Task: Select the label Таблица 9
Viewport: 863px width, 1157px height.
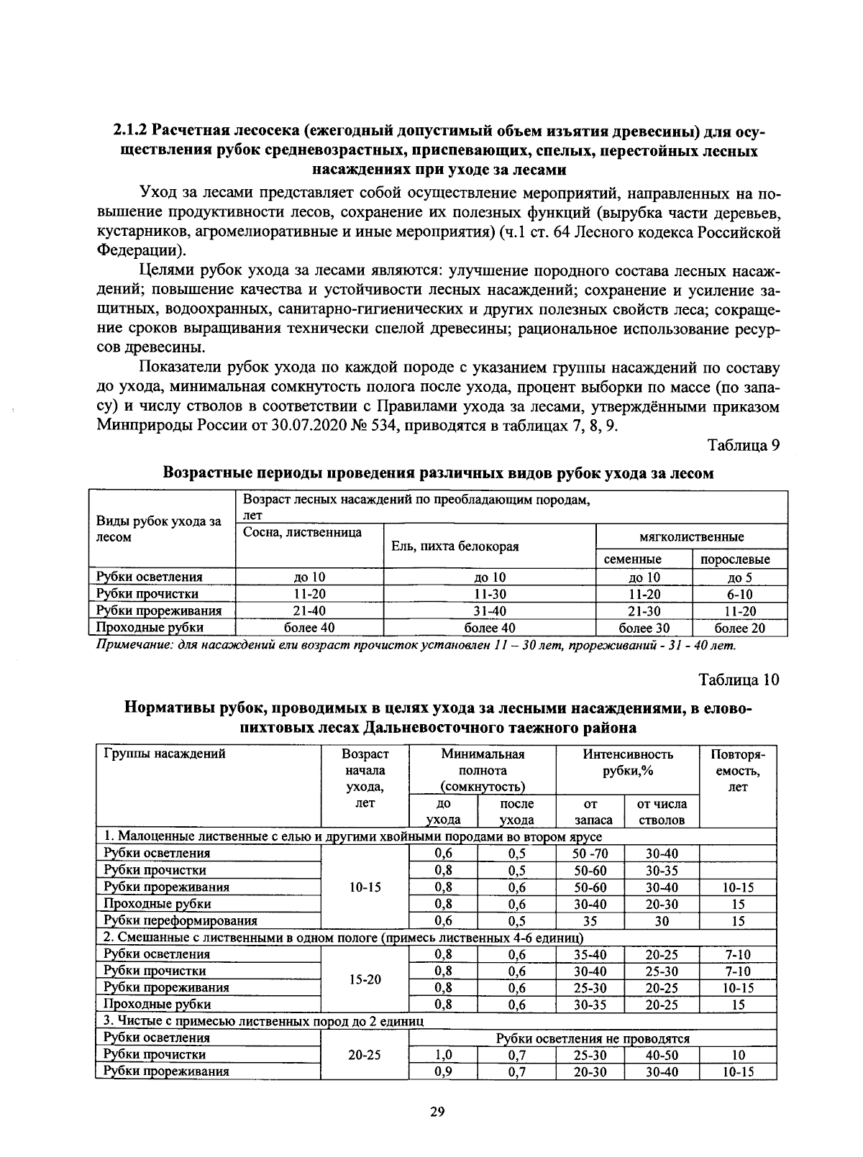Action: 744,445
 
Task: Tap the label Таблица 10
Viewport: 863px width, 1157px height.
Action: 739,680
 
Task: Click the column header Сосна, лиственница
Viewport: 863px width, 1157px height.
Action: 303,532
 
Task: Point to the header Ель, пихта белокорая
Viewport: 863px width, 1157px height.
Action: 454,547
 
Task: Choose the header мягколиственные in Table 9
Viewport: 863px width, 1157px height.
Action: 691,537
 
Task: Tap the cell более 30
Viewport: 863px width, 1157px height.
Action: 644,628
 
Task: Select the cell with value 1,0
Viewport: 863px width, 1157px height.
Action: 443,1055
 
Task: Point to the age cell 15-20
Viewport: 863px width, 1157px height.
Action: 365,979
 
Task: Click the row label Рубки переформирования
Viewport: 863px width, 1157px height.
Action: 181,920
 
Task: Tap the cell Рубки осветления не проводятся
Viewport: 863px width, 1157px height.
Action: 593,1038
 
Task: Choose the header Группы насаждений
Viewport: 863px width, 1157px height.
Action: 165,754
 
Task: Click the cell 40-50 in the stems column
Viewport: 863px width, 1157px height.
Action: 662,1055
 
